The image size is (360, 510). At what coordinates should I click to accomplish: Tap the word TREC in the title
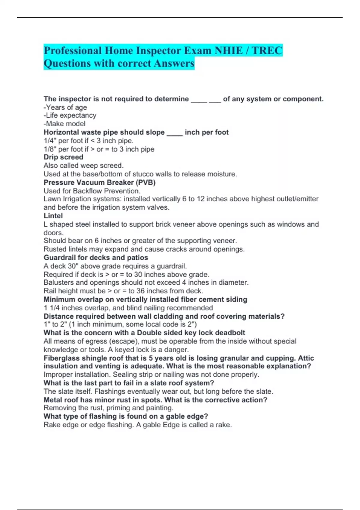(x=267, y=50)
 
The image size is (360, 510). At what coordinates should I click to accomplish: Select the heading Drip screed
(x=63, y=157)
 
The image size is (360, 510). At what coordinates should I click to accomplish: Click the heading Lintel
(x=53, y=216)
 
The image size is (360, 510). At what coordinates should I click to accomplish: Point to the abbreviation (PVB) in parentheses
(x=146, y=182)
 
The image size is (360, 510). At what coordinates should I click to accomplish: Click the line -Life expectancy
(x=70, y=115)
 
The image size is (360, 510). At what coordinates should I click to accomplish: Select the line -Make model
(x=64, y=124)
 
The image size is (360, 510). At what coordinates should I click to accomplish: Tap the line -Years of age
(x=65, y=107)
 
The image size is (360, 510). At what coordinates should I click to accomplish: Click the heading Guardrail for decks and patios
(x=96, y=258)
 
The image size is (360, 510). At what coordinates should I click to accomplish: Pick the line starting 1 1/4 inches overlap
(x=128, y=308)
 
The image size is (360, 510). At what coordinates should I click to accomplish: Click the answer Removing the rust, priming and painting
(x=108, y=408)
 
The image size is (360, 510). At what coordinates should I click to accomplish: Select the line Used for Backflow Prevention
(x=92, y=191)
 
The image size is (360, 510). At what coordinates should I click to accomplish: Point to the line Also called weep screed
(x=83, y=166)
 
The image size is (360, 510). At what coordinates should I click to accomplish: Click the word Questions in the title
(x=67, y=64)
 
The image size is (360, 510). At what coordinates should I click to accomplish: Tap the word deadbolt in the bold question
(x=230, y=333)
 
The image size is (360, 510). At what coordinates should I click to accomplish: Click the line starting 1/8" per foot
(x=99, y=149)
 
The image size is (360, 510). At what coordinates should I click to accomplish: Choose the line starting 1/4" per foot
(x=88, y=141)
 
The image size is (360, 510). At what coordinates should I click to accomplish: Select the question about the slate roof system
(x=129, y=383)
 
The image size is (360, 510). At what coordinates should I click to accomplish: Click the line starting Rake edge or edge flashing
(x=137, y=425)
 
